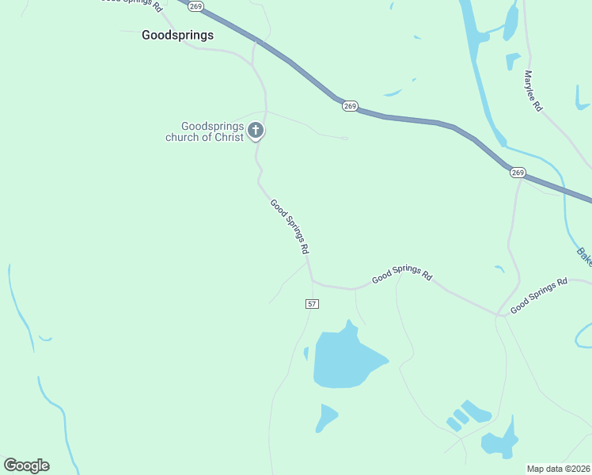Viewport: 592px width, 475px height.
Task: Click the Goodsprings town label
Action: pos(177,35)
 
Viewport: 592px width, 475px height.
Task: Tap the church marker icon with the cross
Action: pos(255,131)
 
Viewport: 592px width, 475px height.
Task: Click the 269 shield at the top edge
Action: pos(197,6)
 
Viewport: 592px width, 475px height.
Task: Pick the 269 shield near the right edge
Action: pos(518,172)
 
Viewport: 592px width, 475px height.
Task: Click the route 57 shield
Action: pos(312,304)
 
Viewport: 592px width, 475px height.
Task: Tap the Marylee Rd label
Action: pos(533,91)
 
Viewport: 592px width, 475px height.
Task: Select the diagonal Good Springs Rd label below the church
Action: pos(289,226)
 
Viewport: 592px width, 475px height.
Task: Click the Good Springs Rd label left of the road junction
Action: pos(402,276)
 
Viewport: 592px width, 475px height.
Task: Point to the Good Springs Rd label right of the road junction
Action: pos(539,295)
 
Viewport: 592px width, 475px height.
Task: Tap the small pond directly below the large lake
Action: pos(325,416)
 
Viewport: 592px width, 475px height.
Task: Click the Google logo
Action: pos(26,465)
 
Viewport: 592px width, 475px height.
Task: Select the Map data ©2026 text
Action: pos(559,469)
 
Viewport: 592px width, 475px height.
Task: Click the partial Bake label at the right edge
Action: pos(583,256)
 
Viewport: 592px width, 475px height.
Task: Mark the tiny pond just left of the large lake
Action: pos(306,353)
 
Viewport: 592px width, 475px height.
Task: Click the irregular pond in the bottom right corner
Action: pos(501,441)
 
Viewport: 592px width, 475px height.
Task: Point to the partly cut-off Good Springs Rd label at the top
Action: pos(133,4)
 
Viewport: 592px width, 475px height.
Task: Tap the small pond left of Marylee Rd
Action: pos(513,60)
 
